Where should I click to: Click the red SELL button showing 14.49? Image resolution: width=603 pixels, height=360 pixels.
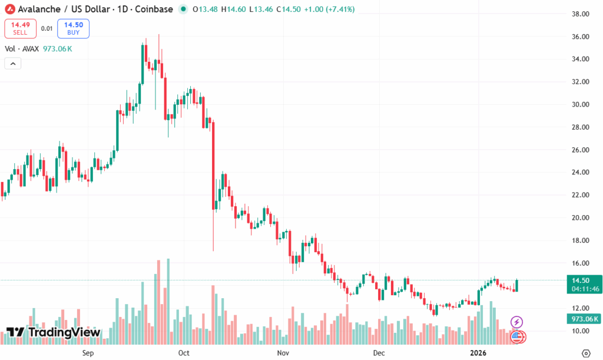pos(20,28)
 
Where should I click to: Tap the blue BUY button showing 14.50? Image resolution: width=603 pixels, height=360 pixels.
pos(73,28)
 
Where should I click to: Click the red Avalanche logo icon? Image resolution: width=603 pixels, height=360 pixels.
pos(9,9)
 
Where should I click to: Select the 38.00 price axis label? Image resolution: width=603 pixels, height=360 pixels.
pos(581,14)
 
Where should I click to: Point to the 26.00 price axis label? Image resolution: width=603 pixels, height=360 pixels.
pos(581,150)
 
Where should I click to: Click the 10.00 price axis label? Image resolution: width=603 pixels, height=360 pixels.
pos(581,331)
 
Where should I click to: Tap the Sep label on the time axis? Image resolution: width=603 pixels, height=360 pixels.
pos(88,353)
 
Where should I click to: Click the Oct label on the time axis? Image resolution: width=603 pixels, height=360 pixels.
pos(184,353)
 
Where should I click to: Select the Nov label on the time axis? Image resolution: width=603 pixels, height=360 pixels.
pos(283,353)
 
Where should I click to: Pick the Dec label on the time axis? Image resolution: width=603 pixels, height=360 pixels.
pos(379,353)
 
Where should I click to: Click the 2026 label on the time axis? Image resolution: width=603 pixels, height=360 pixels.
pos(478,353)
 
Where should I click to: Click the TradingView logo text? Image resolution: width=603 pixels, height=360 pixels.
pos(54,332)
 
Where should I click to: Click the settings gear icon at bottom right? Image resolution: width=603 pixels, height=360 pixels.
pos(586,352)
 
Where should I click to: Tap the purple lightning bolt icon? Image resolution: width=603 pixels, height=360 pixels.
pos(516,322)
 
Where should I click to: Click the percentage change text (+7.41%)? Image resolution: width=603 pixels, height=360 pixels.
pos(337,9)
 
